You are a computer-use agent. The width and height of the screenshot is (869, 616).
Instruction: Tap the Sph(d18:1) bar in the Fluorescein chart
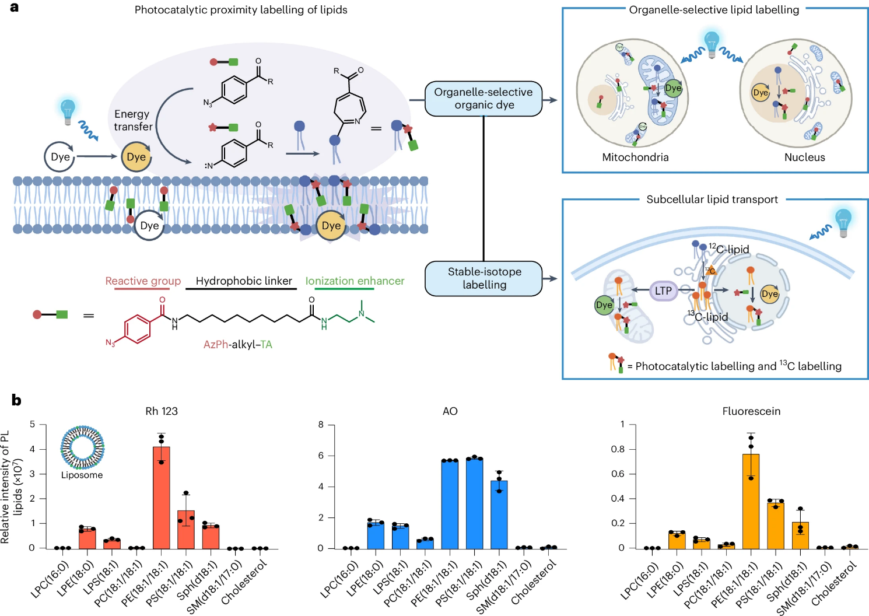800,535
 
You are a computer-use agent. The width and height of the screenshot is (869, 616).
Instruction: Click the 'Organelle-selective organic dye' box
483,99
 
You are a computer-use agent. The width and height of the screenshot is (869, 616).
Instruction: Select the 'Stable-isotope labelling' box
483,278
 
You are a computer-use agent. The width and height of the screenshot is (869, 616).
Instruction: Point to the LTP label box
663,290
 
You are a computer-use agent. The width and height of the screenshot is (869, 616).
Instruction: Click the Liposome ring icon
82,447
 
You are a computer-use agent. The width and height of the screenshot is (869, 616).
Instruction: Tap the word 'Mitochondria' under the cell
635,157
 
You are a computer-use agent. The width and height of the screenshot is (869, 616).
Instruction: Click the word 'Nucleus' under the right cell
804,157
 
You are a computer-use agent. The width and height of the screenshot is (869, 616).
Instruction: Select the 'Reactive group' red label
143,281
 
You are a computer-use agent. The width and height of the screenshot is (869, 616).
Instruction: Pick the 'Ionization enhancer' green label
355,281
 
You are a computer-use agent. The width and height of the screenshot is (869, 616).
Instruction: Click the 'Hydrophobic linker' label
243,281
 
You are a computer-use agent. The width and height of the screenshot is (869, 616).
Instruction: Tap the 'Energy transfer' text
132,120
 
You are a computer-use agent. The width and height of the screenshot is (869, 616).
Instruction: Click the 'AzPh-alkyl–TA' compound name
237,345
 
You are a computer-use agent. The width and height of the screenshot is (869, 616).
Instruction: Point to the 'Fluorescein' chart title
751,411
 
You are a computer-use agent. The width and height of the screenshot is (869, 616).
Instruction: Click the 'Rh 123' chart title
162,411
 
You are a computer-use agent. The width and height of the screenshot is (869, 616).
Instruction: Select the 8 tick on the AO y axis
321,425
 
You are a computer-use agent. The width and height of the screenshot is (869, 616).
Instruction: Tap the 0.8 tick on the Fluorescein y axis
617,449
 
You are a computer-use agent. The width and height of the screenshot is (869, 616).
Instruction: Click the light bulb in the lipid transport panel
843,222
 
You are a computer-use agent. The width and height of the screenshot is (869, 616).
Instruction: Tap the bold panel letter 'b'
16,400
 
